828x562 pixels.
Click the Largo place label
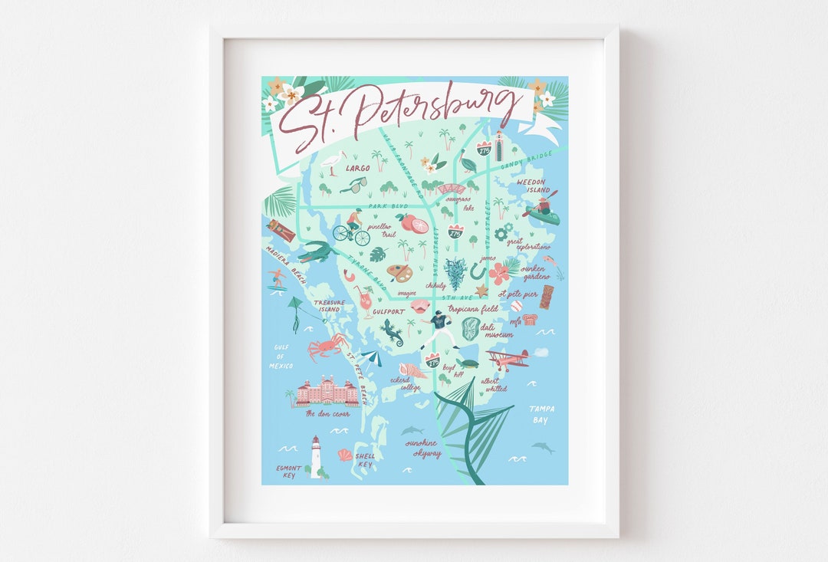pyautogui.click(x=357, y=167)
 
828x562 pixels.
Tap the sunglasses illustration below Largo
pyautogui.click(x=353, y=185)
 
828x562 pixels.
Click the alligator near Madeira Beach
pyautogui.click(x=316, y=251)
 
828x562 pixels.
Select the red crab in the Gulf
pyautogui.click(x=325, y=347)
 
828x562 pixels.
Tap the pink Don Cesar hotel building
pyautogui.click(x=327, y=392)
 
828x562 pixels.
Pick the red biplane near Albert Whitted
pyautogui.click(x=508, y=359)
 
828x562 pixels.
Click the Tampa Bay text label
pyautogui.click(x=542, y=414)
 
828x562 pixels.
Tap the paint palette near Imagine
pyautogui.click(x=399, y=274)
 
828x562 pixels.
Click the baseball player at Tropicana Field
pyautogui.click(x=439, y=328)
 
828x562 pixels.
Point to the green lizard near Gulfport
pyautogui.click(x=392, y=332)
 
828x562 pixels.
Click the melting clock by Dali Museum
pyautogui.click(x=470, y=329)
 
